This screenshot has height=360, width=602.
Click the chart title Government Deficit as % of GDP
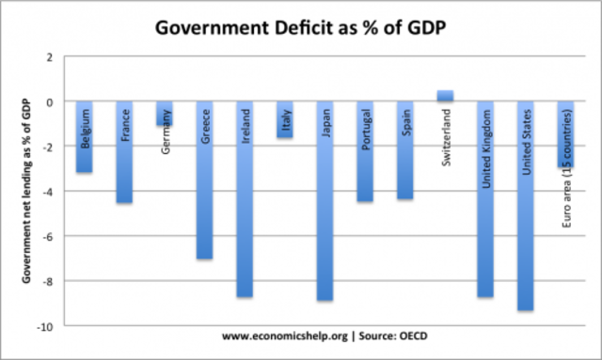301,25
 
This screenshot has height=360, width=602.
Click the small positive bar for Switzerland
446,95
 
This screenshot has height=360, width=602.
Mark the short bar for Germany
165,114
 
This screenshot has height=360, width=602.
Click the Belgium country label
85,132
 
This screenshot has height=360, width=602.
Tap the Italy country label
285,122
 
